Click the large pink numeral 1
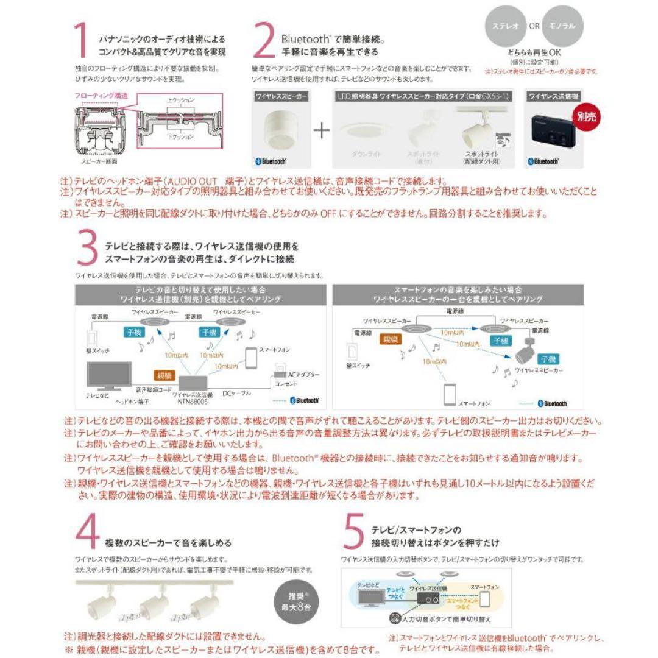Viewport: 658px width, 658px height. coord(82,44)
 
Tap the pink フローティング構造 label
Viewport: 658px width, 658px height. coord(101,96)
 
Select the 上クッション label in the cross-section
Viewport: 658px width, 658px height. coord(180,99)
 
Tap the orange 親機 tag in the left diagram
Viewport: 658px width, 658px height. coord(164,377)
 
